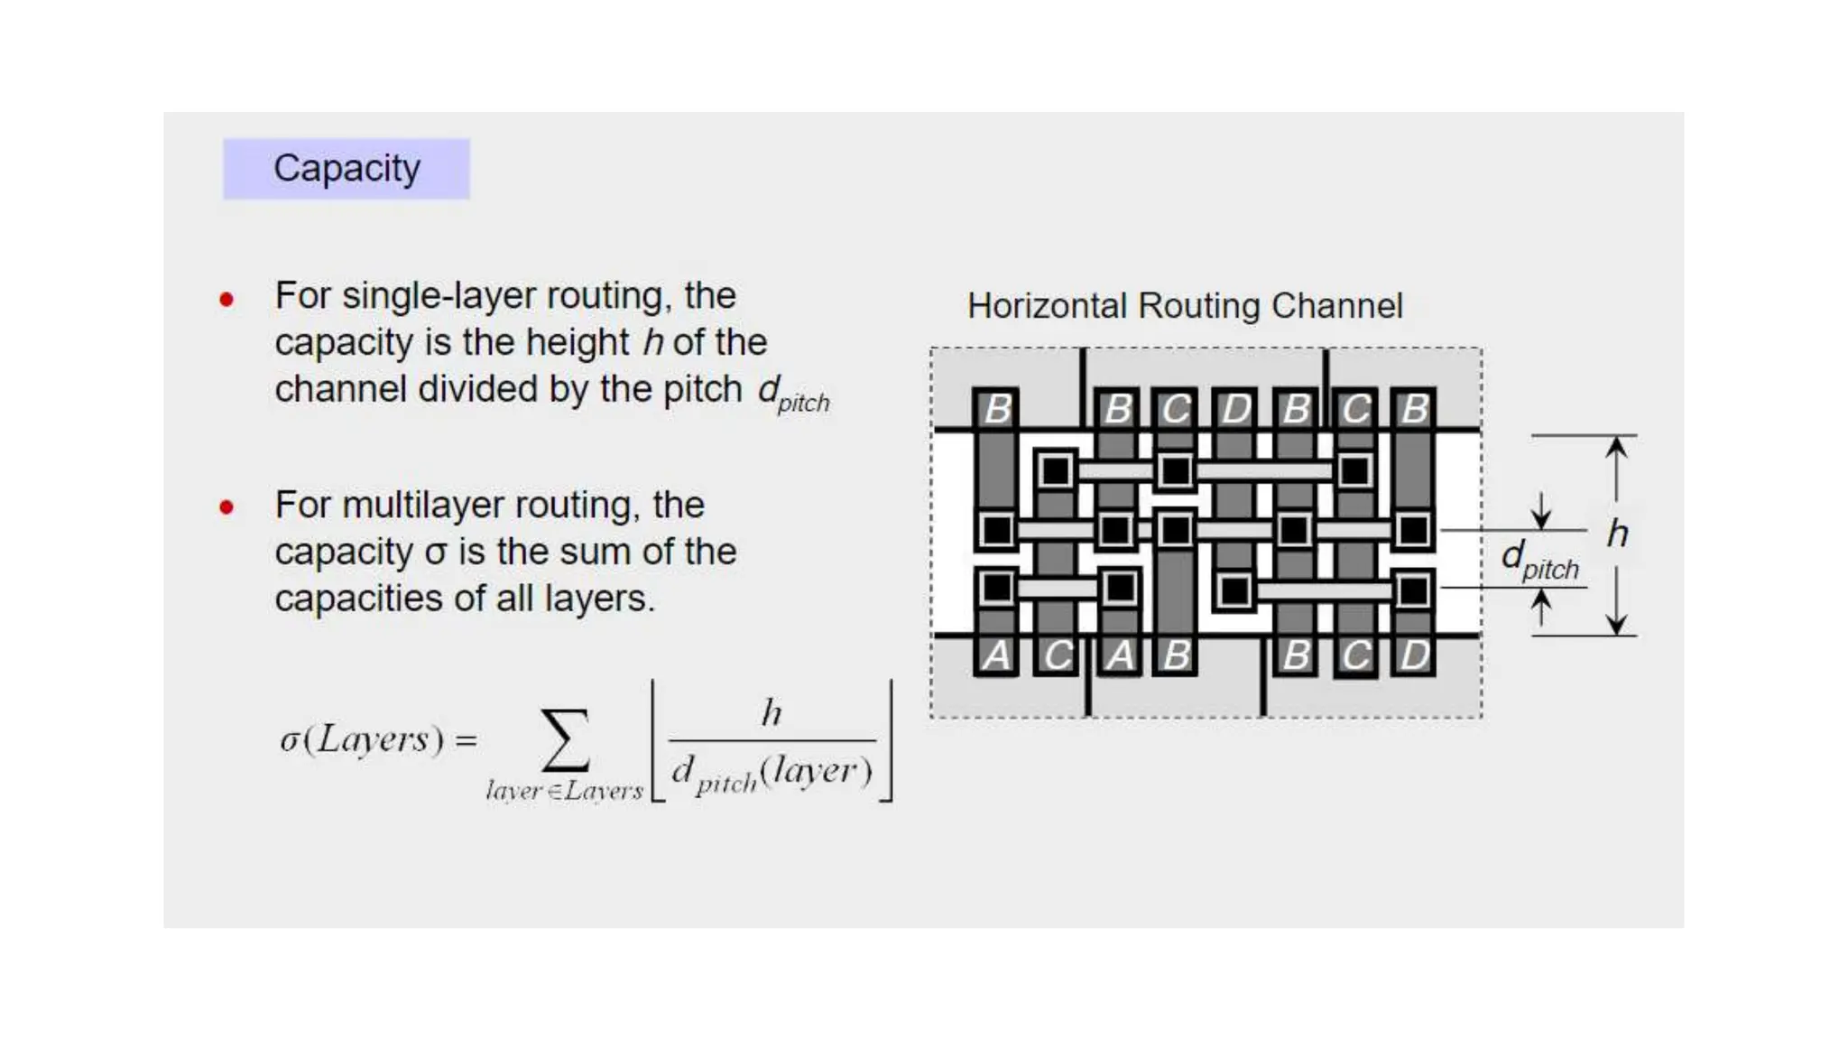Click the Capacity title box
coord(346,169)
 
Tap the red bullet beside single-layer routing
coord(226,299)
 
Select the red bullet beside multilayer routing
coord(226,507)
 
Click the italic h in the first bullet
coord(652,343)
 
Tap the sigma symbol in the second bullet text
coord(436,552)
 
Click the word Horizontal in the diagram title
coord(1047,306)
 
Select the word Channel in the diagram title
coord(1336,306)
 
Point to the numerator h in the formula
coord(771,713)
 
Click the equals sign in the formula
coord(466,741)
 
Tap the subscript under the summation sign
coord(564,792)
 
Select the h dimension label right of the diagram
coord(1618,534)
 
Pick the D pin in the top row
coord(1235,409)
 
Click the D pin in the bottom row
coord(1414,655)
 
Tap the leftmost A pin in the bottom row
coord(996,655)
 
